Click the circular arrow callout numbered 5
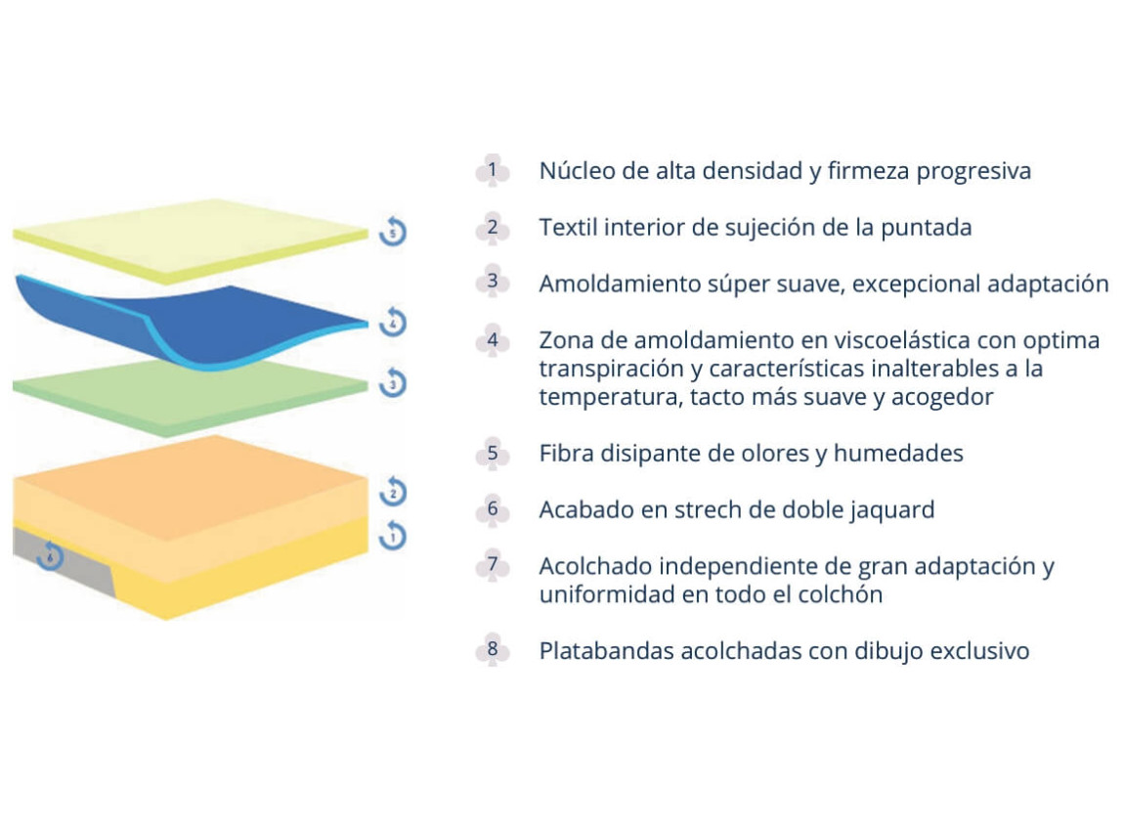click(x=393, y=231)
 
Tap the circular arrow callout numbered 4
click(x=393, y=322)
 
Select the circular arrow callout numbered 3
click(x=393, y=382)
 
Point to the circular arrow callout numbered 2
click(x=393, y=491)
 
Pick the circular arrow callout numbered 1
click(x=393, y=536)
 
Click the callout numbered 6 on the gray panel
click(x=50, y=555)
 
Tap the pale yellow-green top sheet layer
click(x=190, y=241)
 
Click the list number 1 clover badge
click(x=493, y=171)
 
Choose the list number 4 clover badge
click(x=493, y=340)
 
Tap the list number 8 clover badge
click(x=493, y=649)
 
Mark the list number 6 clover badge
click(x=493, y=509)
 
